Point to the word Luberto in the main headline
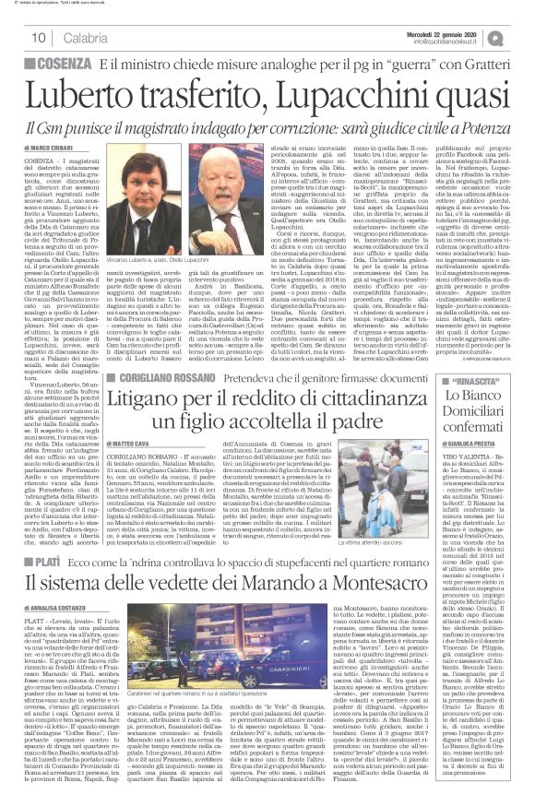pyautogui.click(x=101, y=92)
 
